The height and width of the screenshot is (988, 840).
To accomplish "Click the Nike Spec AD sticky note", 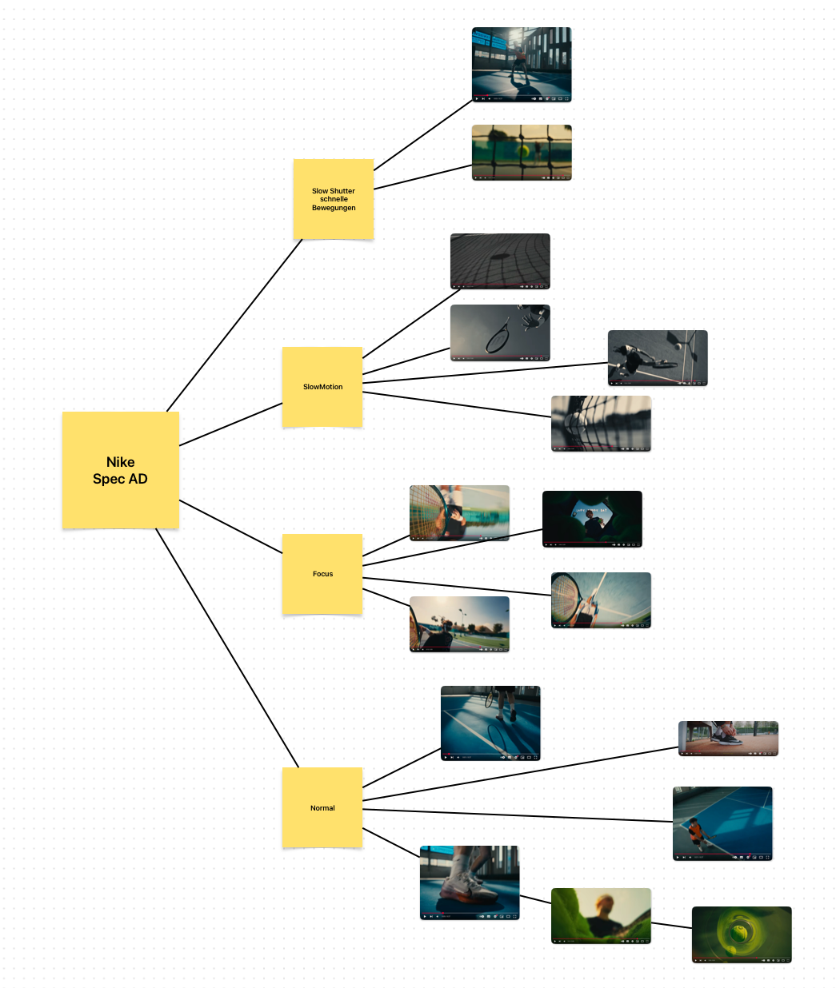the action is point(120,470).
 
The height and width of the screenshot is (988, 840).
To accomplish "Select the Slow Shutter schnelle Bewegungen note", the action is point(334,199).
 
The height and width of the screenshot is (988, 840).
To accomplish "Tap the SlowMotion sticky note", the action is point(322,387).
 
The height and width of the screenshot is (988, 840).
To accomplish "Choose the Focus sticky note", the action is point(322,574).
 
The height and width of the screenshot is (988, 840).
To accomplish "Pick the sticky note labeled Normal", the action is point(322,807).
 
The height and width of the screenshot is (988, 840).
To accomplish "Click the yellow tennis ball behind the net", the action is point(523,149).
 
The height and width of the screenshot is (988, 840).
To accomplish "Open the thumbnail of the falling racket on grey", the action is point(500,333).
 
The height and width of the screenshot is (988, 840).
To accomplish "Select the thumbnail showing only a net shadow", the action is point(500,261).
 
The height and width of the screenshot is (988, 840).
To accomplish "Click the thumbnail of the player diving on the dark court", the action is point(658,357).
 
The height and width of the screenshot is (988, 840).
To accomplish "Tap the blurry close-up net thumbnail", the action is point(601,423).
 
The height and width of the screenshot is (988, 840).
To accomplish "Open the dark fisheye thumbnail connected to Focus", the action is point(592,518).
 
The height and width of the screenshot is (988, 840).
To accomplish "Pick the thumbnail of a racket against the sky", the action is point(601,600).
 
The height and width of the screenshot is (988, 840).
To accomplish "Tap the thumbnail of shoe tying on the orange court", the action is point(728,738).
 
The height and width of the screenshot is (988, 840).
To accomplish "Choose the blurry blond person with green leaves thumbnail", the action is point(601,915).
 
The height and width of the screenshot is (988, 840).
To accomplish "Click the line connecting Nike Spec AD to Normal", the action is point(227,647).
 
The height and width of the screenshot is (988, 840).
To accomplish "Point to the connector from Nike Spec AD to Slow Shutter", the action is point(234,325).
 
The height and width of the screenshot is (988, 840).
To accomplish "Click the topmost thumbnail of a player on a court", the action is point(522,64).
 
